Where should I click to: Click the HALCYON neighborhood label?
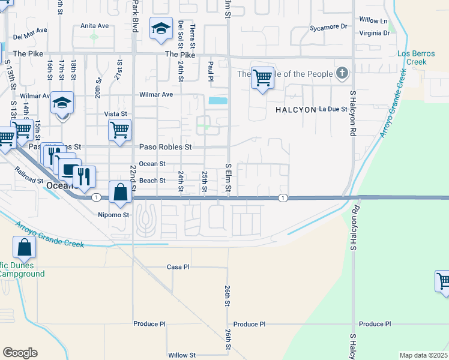point(295,110)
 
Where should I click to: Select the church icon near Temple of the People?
point(342,74)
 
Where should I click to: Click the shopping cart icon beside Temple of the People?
point(262,77)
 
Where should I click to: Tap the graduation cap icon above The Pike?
point(161,29)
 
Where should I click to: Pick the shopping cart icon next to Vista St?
point(119,128)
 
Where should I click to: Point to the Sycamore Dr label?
point(328,27)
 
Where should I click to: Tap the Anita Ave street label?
point(95,26)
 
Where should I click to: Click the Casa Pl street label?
point(178,266)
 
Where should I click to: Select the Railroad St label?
point(29,179)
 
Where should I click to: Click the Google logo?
point(20,353)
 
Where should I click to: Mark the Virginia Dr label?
point(378,33)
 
